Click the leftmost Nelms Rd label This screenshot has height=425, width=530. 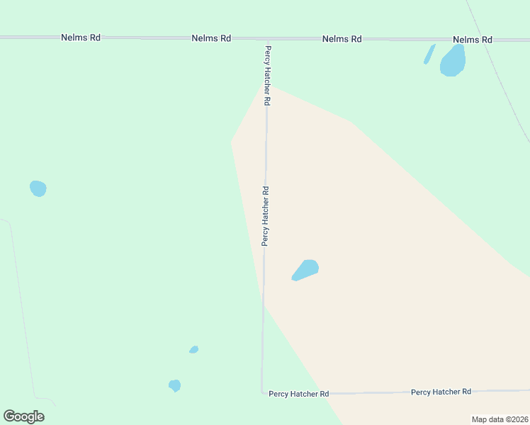[x=80, y=38]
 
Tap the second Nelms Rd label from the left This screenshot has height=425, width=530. [x=211, y=38]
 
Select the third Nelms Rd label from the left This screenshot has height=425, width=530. [x=342, y=39]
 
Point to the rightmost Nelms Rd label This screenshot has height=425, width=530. [x=472, y=40]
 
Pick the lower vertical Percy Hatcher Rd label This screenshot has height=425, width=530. [x=265, y=216]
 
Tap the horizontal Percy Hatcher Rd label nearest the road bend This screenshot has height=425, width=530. [x=298, y=394]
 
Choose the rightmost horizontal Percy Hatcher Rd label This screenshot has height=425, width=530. [x=441, y=392]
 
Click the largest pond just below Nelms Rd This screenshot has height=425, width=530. [x=453, y=61]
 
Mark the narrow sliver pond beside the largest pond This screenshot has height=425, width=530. [x=429, y=54]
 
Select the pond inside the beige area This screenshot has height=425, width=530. [x=305, y=270]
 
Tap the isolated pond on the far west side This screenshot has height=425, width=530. [x=38, y=188]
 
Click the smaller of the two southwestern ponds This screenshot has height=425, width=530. [x=193, y=349]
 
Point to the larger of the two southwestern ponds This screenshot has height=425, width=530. [x=174, y=385]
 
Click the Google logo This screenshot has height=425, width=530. [x=23, y=416]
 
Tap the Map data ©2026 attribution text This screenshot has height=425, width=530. [x=500, y=419]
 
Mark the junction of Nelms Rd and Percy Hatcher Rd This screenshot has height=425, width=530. [x=267, y=38]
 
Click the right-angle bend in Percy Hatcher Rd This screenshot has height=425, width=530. [x=262, y=392]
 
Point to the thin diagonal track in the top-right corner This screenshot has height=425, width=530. [x=500, y=71]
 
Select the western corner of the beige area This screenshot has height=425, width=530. [x=232, y=140]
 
